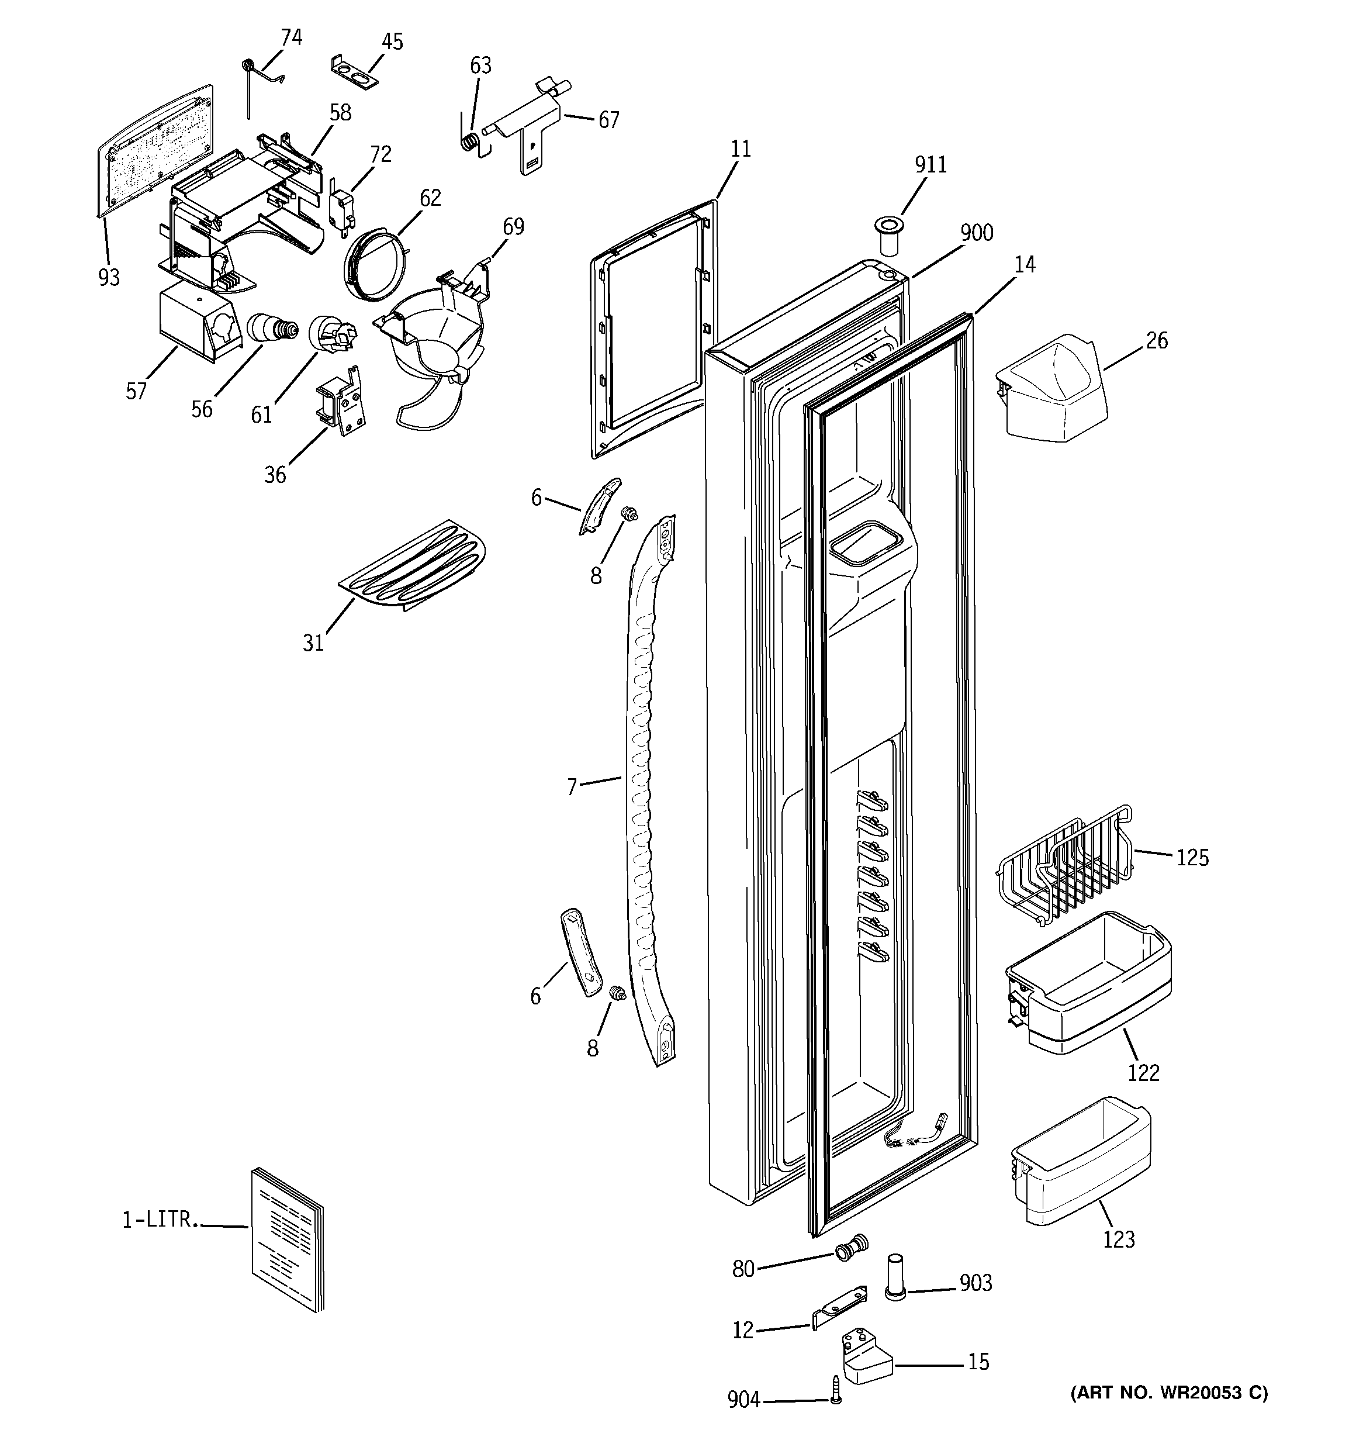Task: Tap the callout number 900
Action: [x=976, y=233]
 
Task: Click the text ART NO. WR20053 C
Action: [x=1169, y=1393]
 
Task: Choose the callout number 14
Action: [x=1024, y=265]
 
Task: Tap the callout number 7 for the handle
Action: [x=572, y=787]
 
